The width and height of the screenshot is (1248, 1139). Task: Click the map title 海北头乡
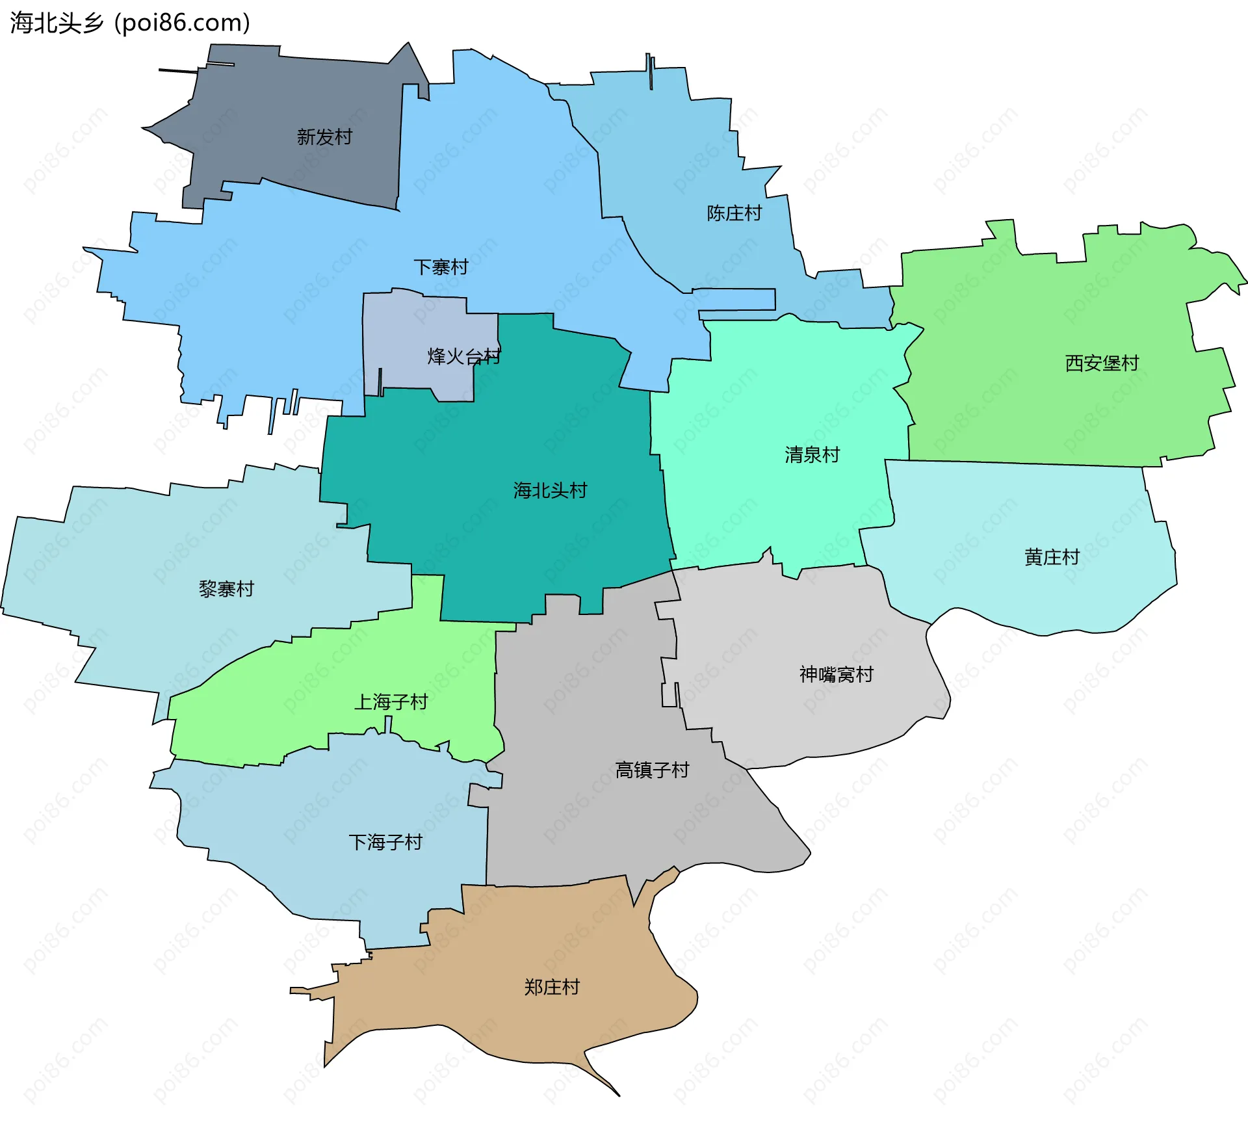point(57,23)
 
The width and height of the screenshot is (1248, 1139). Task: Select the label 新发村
point(324,137)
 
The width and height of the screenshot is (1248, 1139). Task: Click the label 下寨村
point(441,267)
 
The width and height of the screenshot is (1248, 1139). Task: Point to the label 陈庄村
point(734,213)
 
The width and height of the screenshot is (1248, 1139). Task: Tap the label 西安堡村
point(1102,363)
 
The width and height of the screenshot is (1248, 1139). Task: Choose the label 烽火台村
point(463,356)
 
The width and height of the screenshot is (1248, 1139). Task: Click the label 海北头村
point(550,490)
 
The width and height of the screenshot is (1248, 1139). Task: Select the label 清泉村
point(812,454)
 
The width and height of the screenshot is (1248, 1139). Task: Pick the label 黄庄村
point(1052,557)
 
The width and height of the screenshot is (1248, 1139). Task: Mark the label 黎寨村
point(226,589)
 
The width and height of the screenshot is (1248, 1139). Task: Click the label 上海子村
point(391,702)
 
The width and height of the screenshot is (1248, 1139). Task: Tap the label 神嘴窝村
point(836,674)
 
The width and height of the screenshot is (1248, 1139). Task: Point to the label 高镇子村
point(652,770)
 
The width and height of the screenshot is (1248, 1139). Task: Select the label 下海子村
point(385,843)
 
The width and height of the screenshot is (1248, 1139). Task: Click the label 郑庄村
point(552,987)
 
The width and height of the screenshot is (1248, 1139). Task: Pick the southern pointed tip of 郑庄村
point(617,1095)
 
